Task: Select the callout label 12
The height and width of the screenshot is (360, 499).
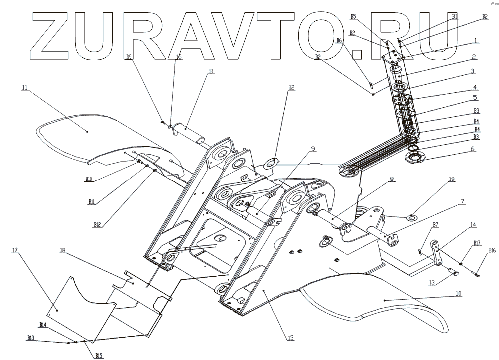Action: click(x=291, y=87)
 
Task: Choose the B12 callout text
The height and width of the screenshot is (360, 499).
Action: click(x=97, y=225)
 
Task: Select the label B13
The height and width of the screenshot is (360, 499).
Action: click(x=30, y=338)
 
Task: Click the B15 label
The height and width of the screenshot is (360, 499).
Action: click(x=98, y=355)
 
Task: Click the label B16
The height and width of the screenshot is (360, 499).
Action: click(x=492, y=250)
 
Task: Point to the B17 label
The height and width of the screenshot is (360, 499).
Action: click(x=477, y=243)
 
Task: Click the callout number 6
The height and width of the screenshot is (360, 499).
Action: click(x=472, y=149)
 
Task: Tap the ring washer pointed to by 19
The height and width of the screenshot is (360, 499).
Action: click(x=412, y=217)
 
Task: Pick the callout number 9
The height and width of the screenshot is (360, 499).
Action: click(x=313, y=148)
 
